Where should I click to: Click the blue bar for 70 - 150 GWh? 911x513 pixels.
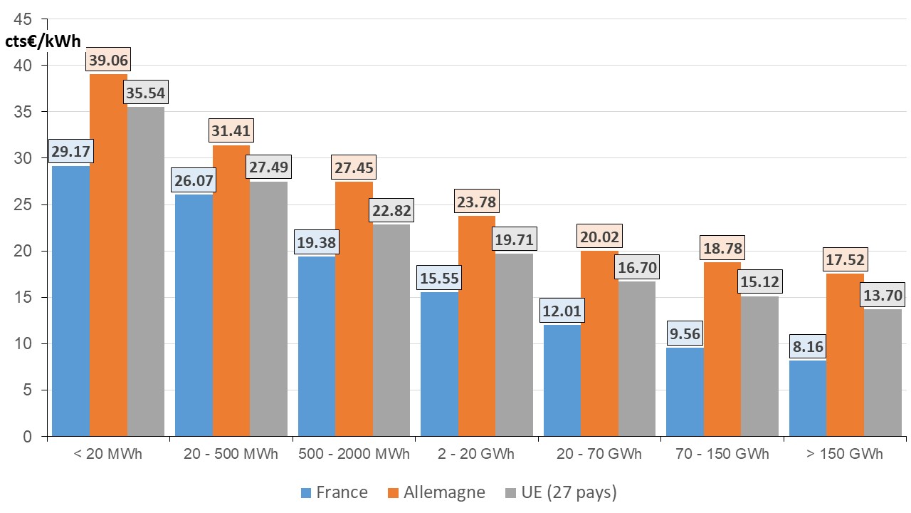pos(685,392)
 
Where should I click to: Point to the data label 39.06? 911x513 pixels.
pos(108,61)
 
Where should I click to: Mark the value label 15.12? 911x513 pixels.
pos(759,281)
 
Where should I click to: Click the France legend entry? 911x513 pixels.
pos(335,492)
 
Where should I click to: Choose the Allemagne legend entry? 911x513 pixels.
pos(436,492)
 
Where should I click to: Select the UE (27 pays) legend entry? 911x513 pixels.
pos(560,492)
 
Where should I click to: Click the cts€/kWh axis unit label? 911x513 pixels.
pos(43,41)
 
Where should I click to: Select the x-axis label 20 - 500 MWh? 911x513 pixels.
pos(231,455)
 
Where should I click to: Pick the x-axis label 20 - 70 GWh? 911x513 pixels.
pos(599,455)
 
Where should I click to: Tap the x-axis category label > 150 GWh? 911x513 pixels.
pos(845,455)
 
